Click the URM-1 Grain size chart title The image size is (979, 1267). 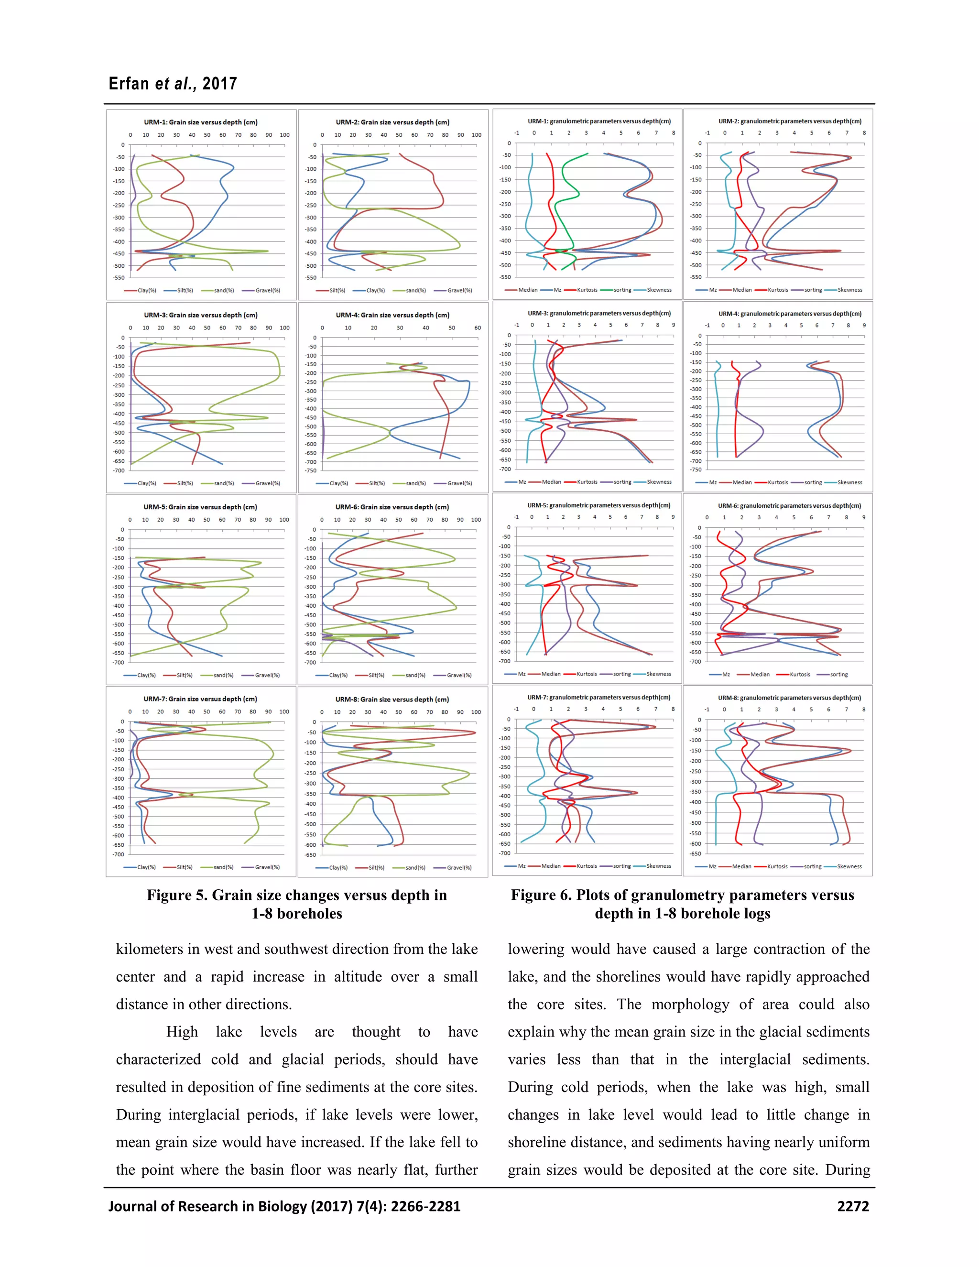pyautogui.click(x=201, y=122)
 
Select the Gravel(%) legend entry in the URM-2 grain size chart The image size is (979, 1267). pyautogui.click(x=459, y=291)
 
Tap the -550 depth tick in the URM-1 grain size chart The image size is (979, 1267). pyautogui.click(x=119, y=278)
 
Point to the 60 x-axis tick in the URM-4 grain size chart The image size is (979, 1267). pyautogui.click(x=478, y=328)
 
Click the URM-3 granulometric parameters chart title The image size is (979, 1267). pyautogui.click(x=599, y=313)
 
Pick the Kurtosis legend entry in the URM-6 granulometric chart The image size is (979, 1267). pyautogui.click(x=800, y=675)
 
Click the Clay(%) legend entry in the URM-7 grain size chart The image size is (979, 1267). pyautogui.click(x=146, y=867)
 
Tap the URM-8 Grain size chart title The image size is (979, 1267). pyautogui.click(x=392, y=699)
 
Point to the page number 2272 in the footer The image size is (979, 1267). pyautogui.click(x=853, y=1207)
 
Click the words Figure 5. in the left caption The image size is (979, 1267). pyautogui.click(x=176, y=896)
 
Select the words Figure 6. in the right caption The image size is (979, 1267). pyautogui.click(x=541, y=896)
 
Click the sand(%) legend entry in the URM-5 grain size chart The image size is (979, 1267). pyautogui.click(x=223, y=675)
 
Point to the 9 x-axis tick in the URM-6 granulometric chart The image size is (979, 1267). pyautogui.click(x=863, y=517)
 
